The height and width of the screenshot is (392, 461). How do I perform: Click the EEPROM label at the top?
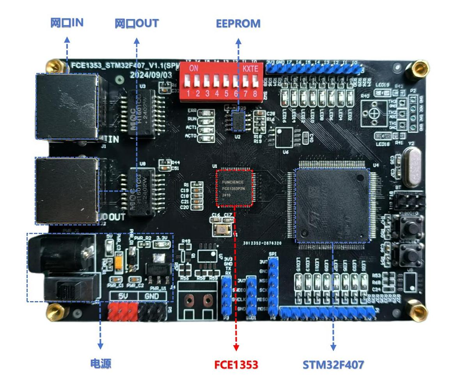click(238, 24)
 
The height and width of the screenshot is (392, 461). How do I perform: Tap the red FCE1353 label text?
click(236, 365)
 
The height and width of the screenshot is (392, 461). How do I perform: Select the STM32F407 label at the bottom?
click(333, 365)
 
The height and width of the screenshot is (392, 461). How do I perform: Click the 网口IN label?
click(67, 23)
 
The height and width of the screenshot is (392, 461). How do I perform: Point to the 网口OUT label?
click(137, 23)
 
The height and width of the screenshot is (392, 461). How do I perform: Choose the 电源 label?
click(101, 364)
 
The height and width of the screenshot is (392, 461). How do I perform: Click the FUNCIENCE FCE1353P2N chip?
click(234, 188)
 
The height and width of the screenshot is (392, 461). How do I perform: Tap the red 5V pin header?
click(123, 312)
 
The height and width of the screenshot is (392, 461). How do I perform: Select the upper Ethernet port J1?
click(66, 106)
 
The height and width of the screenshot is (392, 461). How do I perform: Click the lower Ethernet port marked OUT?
click(67, 191)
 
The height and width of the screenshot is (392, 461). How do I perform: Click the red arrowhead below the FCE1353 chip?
click(236, 347)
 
